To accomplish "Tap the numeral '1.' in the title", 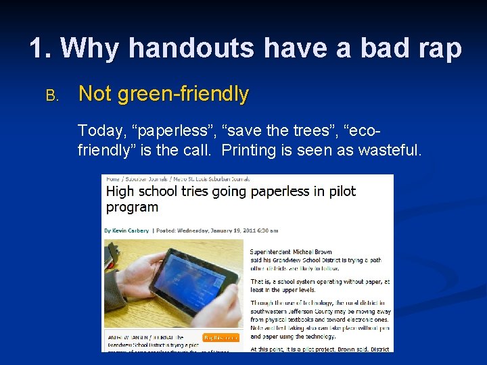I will coord(41,48).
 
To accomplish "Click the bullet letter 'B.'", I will coord(52,95).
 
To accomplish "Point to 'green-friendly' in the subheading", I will coord(183,94).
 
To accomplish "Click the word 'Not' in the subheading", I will coord(95,94).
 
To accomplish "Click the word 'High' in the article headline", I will coord(120,191).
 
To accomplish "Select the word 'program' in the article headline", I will coord(132,208).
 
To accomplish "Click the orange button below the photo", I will coord(221,337).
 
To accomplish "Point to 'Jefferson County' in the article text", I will coord(305,311).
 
